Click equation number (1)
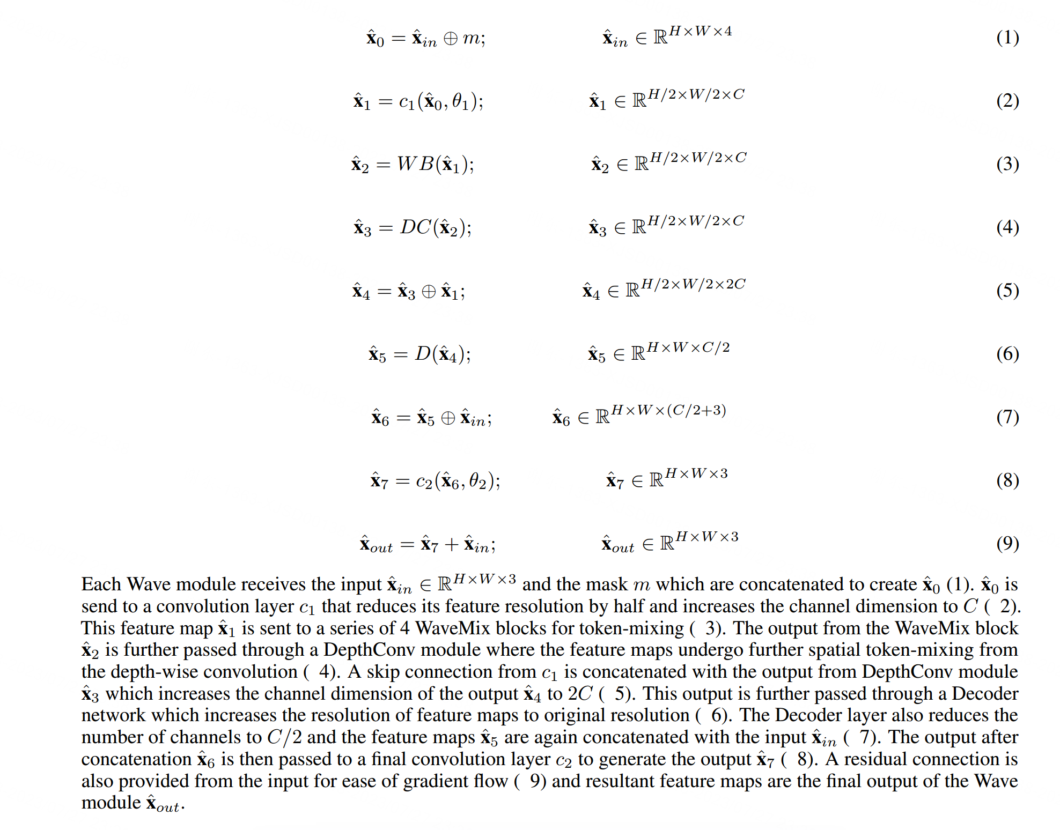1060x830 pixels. [x=1007, y=38]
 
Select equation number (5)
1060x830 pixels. [x=1007, y=291]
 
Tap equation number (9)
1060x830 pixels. [x=1007, y=544]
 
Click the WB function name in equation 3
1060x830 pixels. [x=415, y=164]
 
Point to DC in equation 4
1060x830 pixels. [x=415, y=227]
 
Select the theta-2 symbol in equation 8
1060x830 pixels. [x=478, y=480]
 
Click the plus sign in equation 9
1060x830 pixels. [x=452, y=545]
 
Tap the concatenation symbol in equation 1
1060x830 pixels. [x=451, y=39]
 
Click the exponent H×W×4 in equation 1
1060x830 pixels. [x=700, y=31]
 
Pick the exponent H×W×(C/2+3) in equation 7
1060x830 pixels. [x=668, y=411]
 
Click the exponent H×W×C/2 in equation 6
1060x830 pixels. [x=688, y=347]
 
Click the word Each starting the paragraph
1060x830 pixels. [x=101, y=584]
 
